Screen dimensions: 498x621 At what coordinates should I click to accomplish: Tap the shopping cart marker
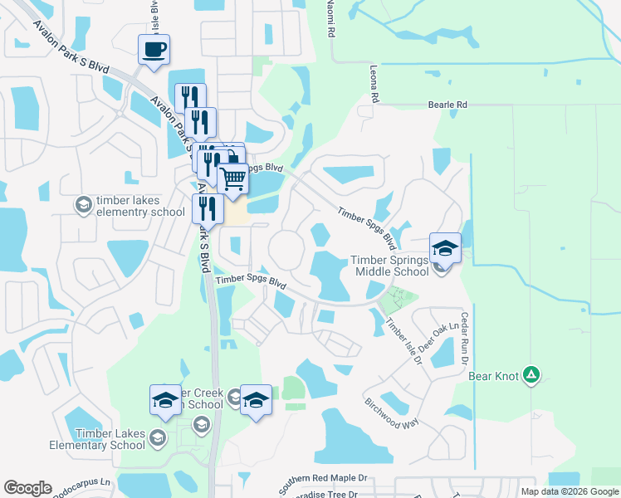click(233, 177)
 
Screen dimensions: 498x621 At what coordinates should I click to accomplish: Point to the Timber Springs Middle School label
click(392, 266)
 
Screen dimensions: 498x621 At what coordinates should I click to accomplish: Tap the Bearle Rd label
click(447, 105)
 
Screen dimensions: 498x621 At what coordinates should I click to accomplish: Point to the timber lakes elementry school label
click(139, 206)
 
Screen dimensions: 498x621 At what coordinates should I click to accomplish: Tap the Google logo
click(28, 488)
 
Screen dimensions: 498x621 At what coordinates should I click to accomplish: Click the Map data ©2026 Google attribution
click(569, 491)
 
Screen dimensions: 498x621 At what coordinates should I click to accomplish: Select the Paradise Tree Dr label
click(320, 494)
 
